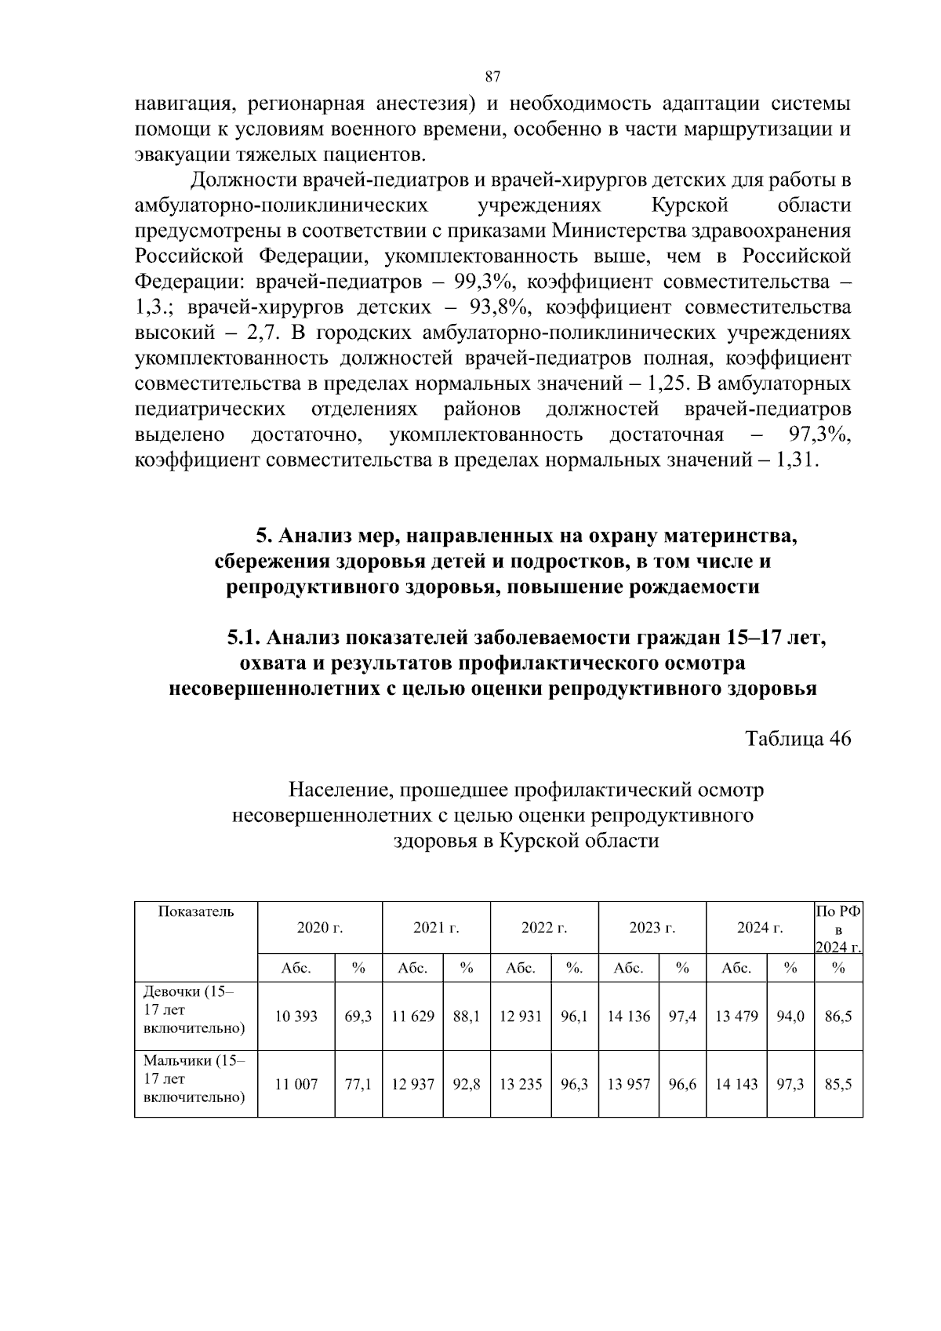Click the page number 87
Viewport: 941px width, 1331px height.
click(x=492, y=76)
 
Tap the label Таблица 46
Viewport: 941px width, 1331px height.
click(x=797, y=739)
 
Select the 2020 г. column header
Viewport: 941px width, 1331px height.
click(x=320, y=929)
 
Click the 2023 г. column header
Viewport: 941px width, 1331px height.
click(x=652, y=929)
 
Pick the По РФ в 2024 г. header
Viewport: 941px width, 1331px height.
click(x=838, y=929)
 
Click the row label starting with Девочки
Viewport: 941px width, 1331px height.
click(x=189, y=1009)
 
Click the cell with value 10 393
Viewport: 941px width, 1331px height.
click(x=296, y=1016)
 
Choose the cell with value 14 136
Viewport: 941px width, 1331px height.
click(x=629, y=1016)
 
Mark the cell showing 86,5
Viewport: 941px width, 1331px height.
click(x=838, y=1016)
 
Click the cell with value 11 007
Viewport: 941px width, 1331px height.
click(x=296, y=1085)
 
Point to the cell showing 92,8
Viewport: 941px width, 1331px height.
click(x=467, y=1085)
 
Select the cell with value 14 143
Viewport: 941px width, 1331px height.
click(x=736, y=1085)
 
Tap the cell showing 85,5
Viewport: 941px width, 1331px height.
click(x=838, y=1085)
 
